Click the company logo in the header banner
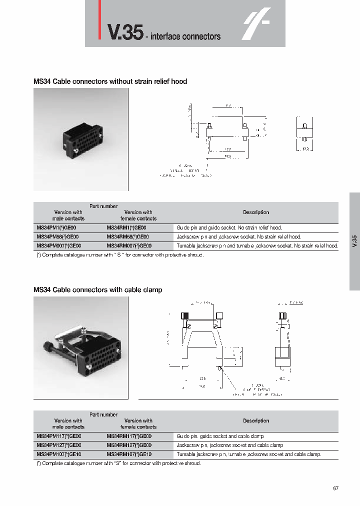(x=256, y=23)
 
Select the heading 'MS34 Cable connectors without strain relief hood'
(x=110, y=81)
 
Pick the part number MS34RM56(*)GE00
(x=128, y=236)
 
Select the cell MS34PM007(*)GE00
(x=59, y=245)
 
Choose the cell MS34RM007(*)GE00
(x=129, y=245)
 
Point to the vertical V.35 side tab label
(x=354, y=242)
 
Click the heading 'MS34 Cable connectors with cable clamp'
(x=97, y=289)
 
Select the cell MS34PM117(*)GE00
(x=59, y=436)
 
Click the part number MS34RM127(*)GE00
(x=129, y=445)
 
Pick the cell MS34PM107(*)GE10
(x=59, y=454)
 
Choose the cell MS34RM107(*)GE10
(x=129, y=454)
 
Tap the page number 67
(x=335, y=488)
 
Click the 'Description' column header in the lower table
(x=256, y=420)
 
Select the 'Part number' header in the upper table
(x=103, y=206)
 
